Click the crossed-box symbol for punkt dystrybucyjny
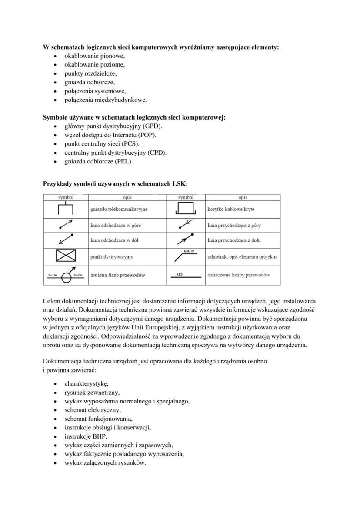coord(66,256)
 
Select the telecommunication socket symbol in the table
coord(66,209)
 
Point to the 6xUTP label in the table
coord(189,251)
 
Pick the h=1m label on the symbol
coord(53,276)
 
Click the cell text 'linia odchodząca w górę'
coord(116,226)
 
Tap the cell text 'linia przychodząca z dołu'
coord(234,240)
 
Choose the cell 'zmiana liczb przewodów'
coord(118,275)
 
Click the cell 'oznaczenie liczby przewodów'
coord(239,275)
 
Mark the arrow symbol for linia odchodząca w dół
coord(66,240)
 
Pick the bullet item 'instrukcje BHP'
coord(85,436)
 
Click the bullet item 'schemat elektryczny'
coord(93,410)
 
